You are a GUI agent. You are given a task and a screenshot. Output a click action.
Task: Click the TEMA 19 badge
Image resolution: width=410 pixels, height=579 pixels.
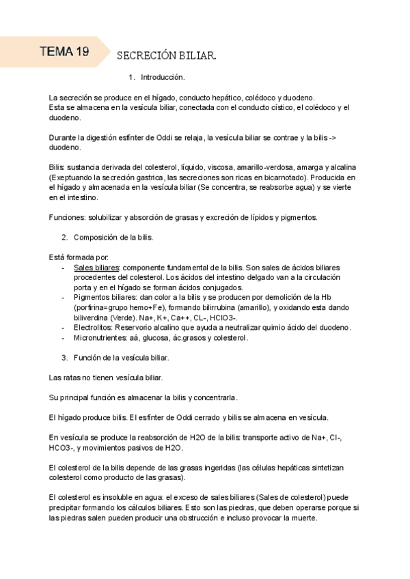pyautogui.click(x=64, y=51)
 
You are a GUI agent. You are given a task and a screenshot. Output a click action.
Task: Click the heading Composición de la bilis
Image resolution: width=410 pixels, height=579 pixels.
pyautogui.click(x=113, y=238)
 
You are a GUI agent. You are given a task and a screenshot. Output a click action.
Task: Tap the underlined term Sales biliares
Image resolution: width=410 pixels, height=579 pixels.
pyautogui.click(x=96, y=268)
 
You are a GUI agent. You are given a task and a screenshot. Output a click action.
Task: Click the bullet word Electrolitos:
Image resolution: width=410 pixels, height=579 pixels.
pyautogui.click(x=96, y=328)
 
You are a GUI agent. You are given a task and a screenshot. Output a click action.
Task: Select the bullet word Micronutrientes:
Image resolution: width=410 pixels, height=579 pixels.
pyautogui.click(x=102, y=338)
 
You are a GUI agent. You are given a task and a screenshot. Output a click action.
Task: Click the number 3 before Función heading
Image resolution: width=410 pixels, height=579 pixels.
pyautogui.click(x=64, y=358)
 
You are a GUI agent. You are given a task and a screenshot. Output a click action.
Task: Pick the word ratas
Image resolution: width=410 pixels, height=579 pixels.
pyautogui.click(x=70, y=378)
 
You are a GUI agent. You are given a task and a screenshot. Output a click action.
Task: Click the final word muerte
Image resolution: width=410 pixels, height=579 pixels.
pyautogui.click(x=304, y=518)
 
